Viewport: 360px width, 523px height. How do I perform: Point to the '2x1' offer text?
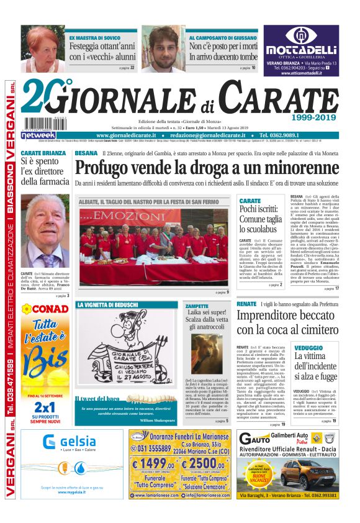[x=45, y=406]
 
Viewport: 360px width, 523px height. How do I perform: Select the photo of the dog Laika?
[x=206, y=353]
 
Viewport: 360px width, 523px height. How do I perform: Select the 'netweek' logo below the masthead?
[x=38, y=135]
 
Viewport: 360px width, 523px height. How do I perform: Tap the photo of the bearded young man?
[x=163, y=48]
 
